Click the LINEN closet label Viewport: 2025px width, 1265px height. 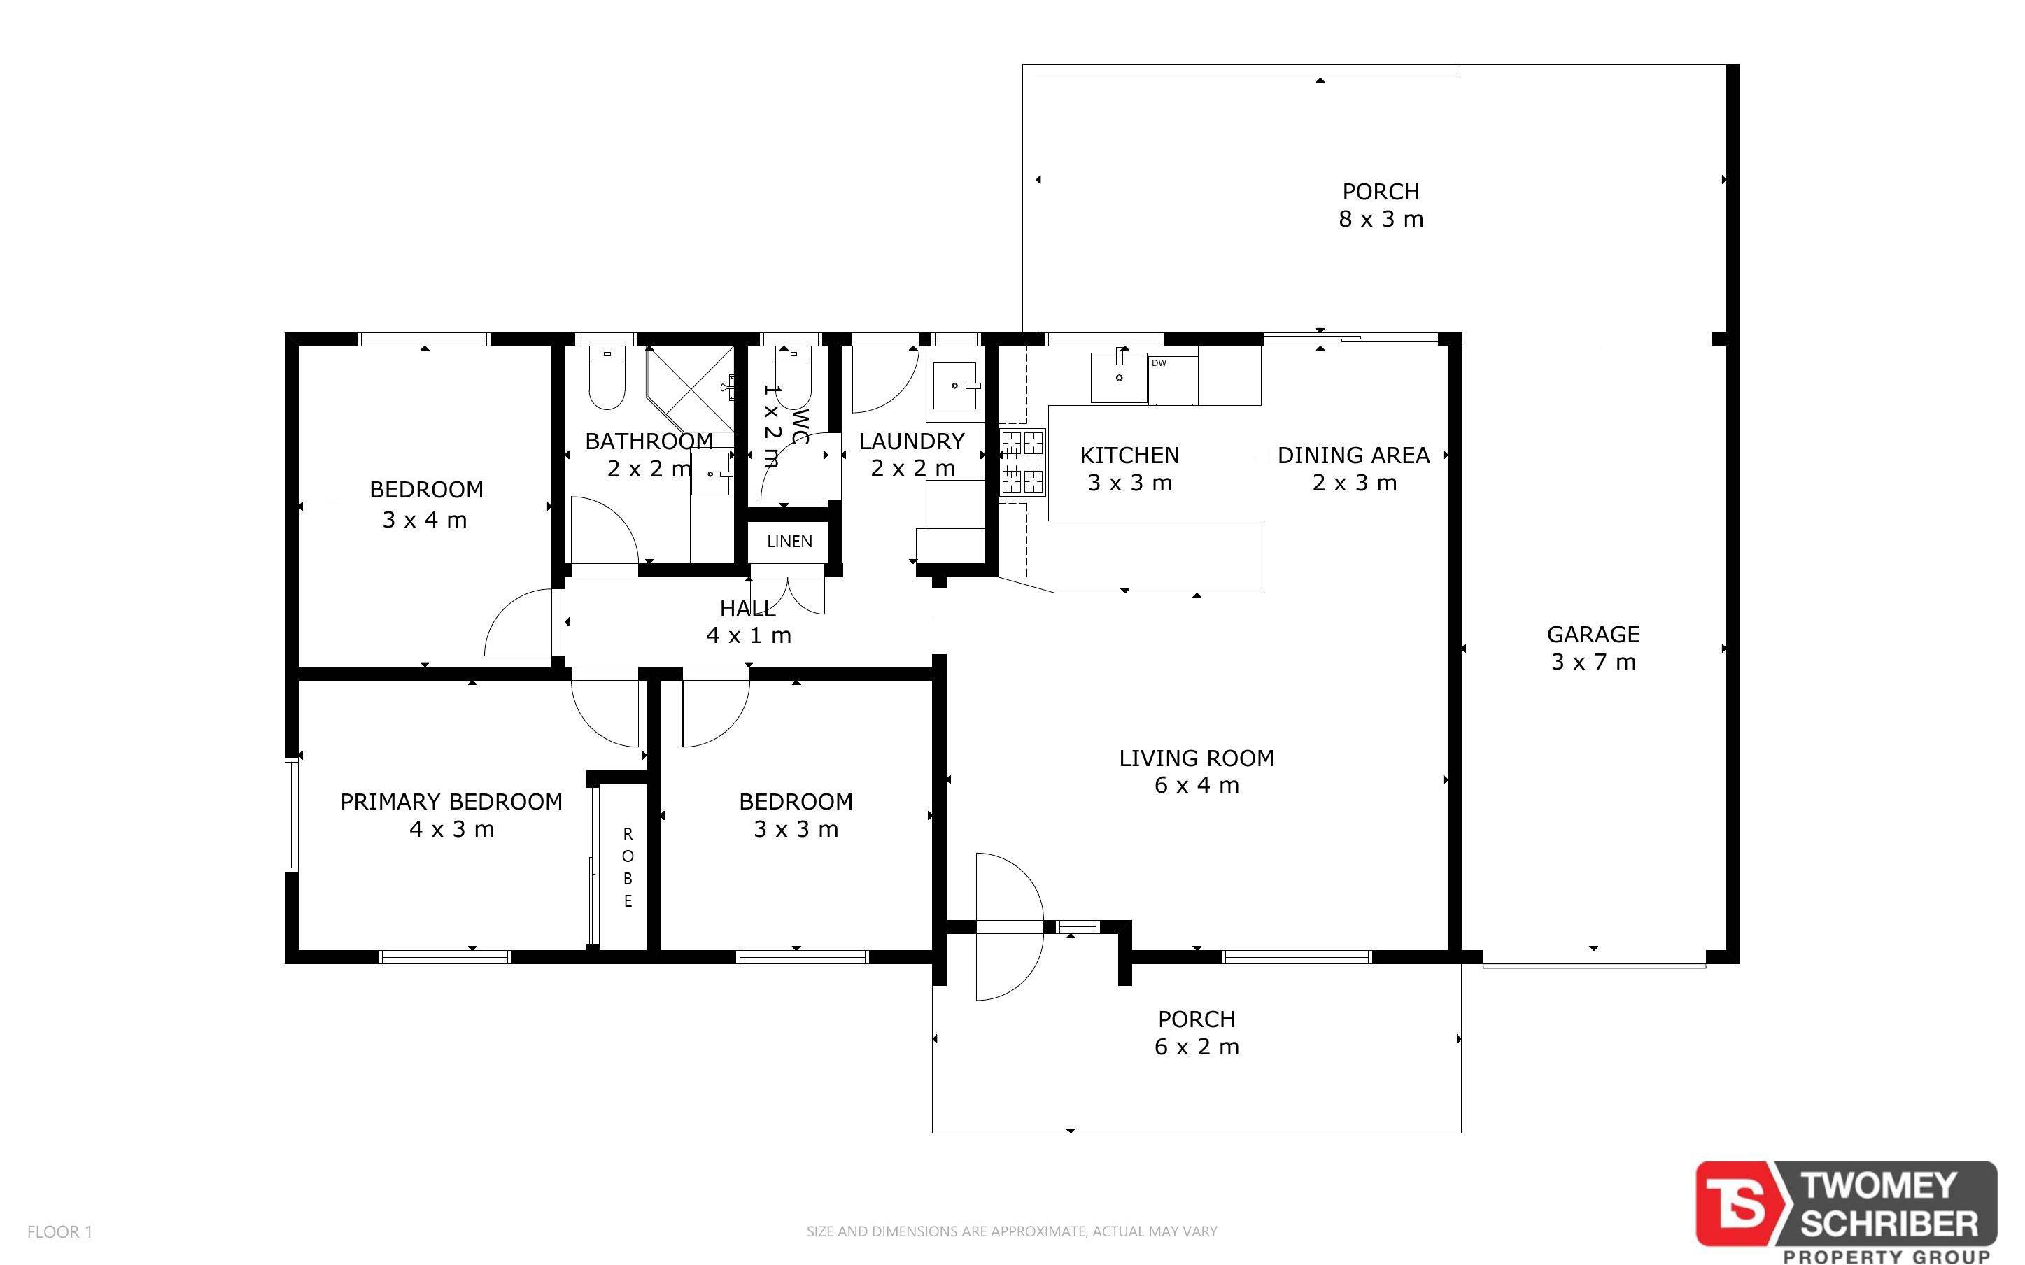789,542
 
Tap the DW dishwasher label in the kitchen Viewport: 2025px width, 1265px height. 1159,363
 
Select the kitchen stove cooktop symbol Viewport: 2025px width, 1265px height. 1023,462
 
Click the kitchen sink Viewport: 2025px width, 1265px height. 1119,376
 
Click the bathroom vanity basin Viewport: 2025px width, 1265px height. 711,474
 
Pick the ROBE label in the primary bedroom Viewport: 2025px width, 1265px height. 628,868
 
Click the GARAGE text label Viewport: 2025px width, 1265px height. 1593,634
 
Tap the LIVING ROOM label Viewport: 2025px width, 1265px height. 1196,758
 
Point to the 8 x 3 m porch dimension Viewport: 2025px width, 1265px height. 1381,219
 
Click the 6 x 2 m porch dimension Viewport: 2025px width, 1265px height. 1196,1047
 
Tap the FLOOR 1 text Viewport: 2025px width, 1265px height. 59,1231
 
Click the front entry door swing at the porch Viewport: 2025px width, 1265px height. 1010,927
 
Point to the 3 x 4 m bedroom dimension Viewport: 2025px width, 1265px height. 424,520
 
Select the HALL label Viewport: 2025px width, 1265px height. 748,608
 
